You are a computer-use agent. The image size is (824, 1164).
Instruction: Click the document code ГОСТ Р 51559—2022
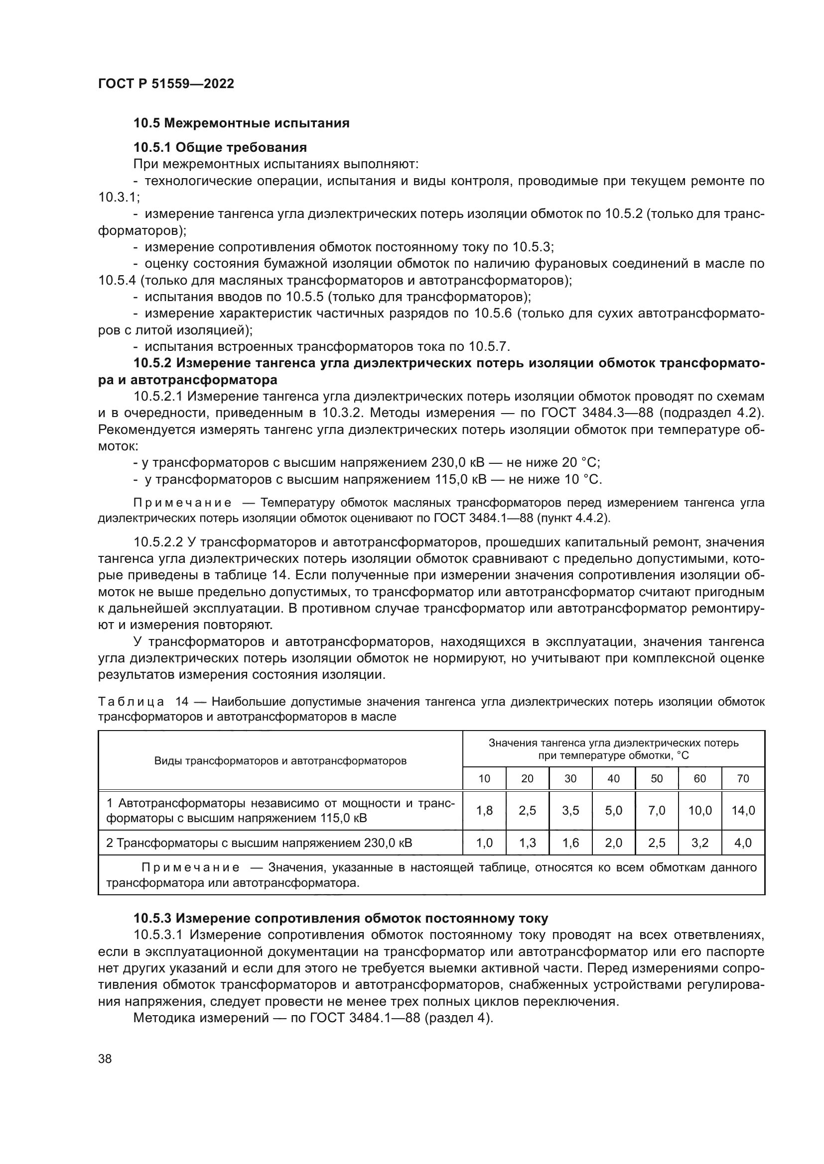coord(166,84)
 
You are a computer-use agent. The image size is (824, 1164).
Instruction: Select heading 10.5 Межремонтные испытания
coord(241,123)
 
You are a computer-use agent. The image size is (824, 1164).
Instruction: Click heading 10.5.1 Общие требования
coord(220,147)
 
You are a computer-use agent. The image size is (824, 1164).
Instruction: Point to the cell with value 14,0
coord(743,810)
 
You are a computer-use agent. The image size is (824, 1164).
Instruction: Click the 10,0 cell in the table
coord(699,810)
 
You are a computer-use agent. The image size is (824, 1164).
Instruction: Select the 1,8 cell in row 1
coord(484,810)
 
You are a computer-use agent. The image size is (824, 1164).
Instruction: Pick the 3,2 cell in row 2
coord(699,843)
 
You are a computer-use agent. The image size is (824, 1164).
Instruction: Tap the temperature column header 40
coord(613,778)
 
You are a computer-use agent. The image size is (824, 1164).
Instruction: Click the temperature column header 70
coord(743,778)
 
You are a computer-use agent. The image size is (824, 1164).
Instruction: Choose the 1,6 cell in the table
coord(570,843)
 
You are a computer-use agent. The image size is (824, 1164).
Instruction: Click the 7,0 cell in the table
coord(657,810)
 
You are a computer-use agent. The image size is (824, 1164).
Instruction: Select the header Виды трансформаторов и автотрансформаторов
coord(280,761)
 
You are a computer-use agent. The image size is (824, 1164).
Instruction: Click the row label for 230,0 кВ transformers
coord(259,843)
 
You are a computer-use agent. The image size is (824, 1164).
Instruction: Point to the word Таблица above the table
coord(131,702)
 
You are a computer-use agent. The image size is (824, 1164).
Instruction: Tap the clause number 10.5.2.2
coord(158,542)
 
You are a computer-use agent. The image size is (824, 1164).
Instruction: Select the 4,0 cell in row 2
coord(743,843)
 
